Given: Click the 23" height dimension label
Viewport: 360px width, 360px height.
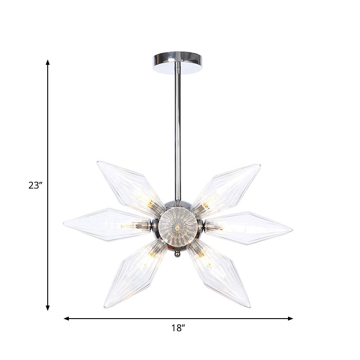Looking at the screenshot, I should pos(35,185).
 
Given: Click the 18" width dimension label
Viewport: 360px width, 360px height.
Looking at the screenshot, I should pos(179,328).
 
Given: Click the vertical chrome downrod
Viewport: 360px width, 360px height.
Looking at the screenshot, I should pos(178,130).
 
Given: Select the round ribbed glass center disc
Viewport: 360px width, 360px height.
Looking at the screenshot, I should pos(178,227).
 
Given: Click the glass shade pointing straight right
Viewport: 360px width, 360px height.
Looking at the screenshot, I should pos(252,227).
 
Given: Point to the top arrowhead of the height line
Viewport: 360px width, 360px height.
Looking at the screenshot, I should pos(48,62).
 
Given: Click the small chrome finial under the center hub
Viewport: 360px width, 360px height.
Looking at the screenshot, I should pos(177,254).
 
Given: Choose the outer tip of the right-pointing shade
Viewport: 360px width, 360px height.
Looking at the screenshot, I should pos(292,230).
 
